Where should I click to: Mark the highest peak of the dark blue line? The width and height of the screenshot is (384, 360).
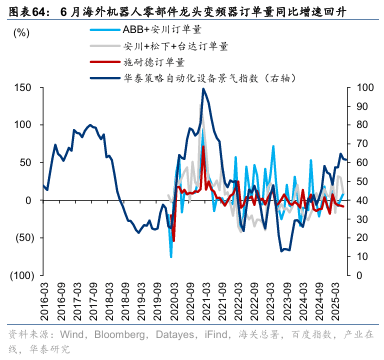(x=204, y=89)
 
